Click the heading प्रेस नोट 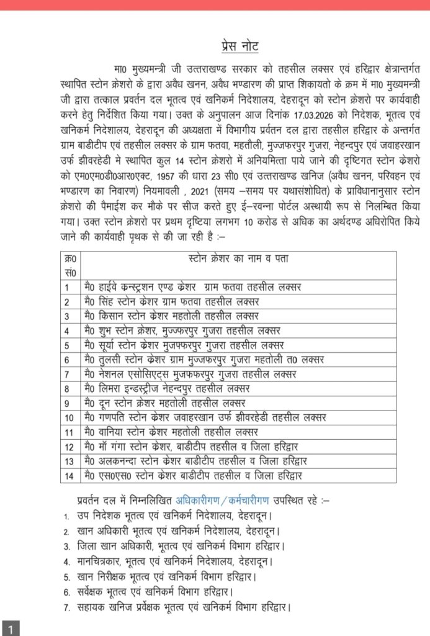(240, 45)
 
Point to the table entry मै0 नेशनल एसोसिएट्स (189, 374)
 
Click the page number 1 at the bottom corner (11, 627)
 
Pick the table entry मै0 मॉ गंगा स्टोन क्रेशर (190, 446)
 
